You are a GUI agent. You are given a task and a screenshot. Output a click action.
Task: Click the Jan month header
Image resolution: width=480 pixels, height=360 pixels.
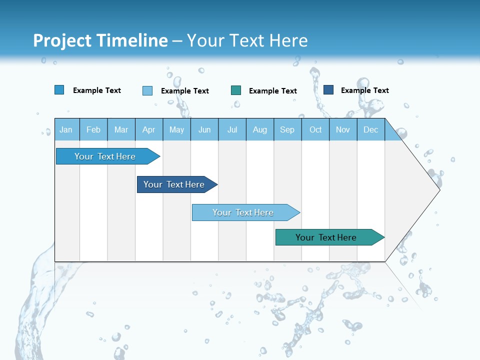click(x=66, y=129)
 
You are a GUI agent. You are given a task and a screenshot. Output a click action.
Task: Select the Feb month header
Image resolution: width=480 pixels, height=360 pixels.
click(x=93, y=129)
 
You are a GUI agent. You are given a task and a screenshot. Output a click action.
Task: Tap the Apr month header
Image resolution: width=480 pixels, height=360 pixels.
click(x=148, y=129)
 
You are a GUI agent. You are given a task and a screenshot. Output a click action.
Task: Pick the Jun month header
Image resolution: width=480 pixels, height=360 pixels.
click(x=204, y=129)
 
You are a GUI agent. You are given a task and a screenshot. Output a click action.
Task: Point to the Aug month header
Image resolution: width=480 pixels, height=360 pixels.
click(x=259, y=129)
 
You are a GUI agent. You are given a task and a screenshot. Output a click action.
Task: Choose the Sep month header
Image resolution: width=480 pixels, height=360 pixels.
click(x=287, y=129)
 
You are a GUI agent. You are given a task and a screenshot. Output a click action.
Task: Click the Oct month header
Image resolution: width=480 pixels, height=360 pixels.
click(x=315, y=129)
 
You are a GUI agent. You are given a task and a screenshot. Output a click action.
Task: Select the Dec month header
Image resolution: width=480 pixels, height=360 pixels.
click(x=370, y=129)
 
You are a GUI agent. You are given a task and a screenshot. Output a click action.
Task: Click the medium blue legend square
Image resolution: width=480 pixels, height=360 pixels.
click(x=59, y=90)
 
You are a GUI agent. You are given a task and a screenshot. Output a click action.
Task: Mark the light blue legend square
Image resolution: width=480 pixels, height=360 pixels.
click(x=147, y=90)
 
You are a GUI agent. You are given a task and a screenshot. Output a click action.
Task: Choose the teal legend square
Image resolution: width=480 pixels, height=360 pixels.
click(x=236, y=90)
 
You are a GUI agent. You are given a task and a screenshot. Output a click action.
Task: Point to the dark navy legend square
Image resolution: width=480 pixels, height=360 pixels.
click(x=328, y=90)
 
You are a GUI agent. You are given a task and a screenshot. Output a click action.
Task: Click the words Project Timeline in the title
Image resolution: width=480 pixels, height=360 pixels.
click(x=100, y=40)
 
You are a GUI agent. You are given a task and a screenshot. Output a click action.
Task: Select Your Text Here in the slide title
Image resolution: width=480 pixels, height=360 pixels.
click(x=247, y=40)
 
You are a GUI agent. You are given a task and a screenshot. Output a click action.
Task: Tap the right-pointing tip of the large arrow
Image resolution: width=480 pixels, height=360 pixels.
click(x=437, y=189)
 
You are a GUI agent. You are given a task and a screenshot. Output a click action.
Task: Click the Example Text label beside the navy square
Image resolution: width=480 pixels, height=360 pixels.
click(x=364, y=90)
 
